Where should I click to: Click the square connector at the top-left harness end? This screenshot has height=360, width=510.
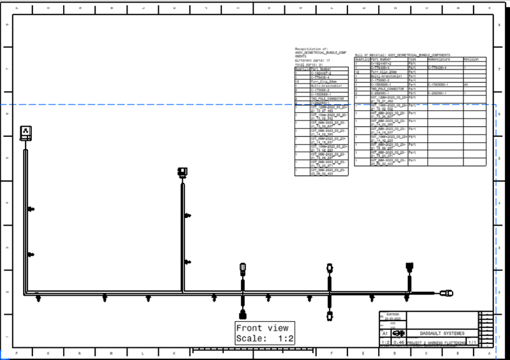25,133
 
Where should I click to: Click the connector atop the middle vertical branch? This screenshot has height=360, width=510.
182,172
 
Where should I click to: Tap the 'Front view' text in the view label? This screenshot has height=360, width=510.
262,328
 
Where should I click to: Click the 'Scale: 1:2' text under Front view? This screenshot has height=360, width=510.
265,338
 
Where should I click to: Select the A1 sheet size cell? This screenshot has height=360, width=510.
384,333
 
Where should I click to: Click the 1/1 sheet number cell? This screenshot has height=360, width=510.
473,342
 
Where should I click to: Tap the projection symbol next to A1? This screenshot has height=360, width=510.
399,333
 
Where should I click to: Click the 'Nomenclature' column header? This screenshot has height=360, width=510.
439,59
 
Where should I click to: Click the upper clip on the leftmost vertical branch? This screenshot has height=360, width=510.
31,209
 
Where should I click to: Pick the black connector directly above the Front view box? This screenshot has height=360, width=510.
242,314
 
